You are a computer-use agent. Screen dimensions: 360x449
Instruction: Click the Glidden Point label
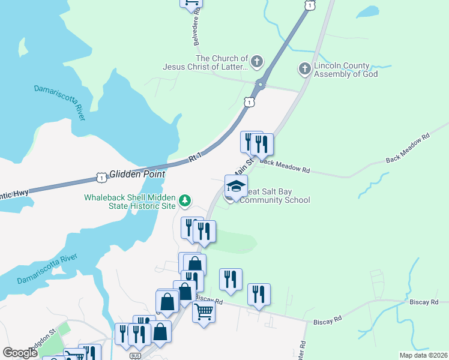pos(137,173)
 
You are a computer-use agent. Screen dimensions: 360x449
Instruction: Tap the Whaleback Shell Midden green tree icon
pos(186,200)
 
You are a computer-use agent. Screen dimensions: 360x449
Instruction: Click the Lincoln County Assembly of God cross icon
pos(304,69)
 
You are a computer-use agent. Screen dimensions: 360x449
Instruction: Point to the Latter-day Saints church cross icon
pos(257,61)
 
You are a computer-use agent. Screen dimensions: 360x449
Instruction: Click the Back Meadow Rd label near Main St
pos(285,166)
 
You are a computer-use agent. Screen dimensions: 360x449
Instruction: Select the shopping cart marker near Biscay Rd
pos(204,311)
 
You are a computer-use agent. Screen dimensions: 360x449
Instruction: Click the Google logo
pos(20,353)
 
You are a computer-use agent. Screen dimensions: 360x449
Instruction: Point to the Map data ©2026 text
pos(423,355)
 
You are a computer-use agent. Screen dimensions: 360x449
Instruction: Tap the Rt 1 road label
pos(194,158)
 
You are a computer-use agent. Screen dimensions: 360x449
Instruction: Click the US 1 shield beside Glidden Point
pos(101,178)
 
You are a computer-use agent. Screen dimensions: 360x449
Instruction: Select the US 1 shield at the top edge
pos(309,5)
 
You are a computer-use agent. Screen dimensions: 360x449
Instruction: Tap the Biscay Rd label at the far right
pos(428,302)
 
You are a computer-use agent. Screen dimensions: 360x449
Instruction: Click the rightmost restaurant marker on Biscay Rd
pos(259,295)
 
